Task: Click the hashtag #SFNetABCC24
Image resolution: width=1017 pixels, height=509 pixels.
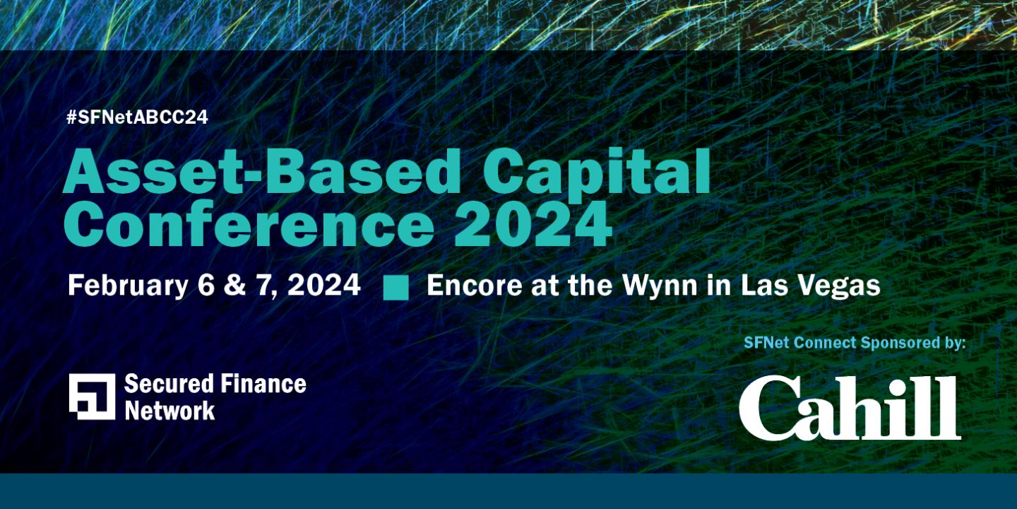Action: point(137,118)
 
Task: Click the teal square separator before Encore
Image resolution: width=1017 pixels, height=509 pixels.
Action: point(395,288)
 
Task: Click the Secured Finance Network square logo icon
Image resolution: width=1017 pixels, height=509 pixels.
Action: point(92,396)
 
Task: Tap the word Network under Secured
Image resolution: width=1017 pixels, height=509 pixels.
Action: point(169,410)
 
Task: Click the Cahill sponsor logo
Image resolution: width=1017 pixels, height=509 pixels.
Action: point(850,408)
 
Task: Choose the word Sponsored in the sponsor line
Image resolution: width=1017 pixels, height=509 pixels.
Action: point(896,344)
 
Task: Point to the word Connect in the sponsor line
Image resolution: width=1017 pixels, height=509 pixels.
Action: point(826,344)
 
